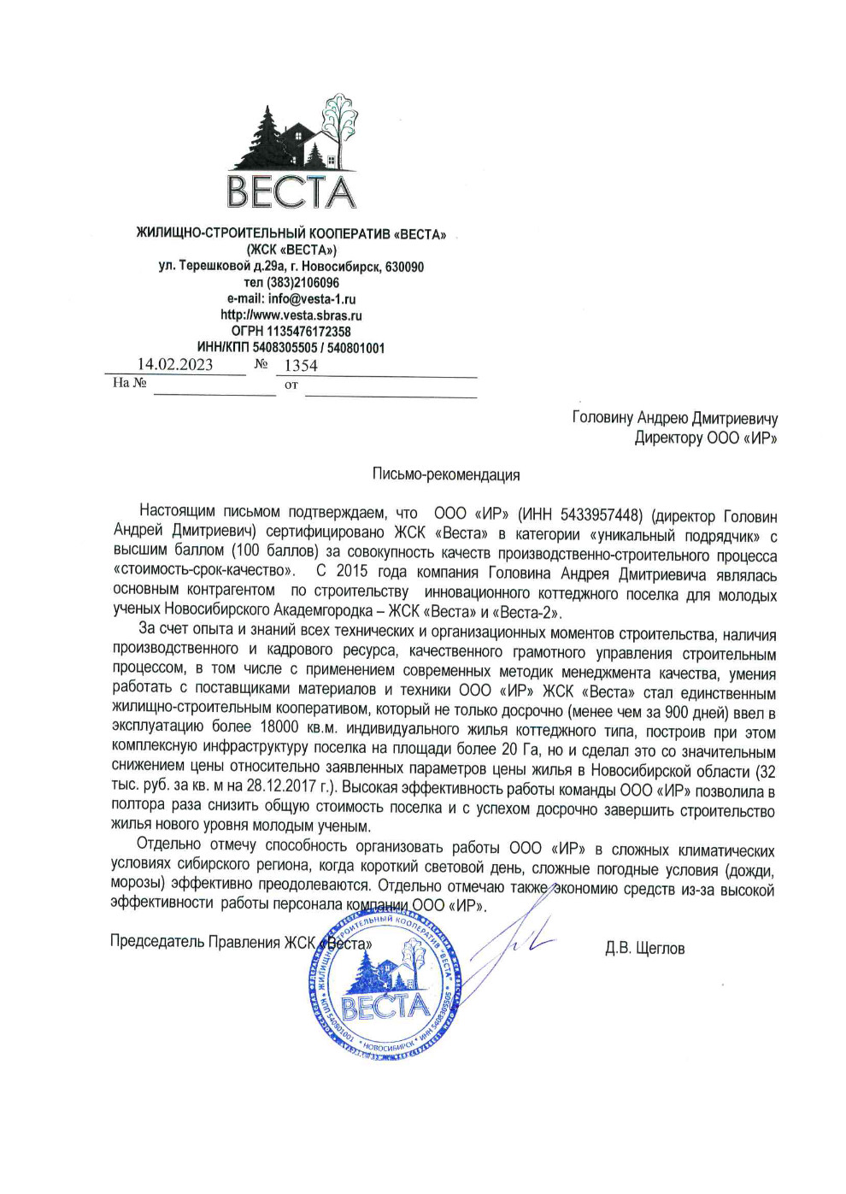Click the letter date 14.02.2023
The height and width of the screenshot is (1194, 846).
tap(175, 364)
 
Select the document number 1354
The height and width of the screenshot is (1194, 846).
tap(301, 366)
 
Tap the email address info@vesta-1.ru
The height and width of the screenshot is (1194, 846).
tap(312, 299)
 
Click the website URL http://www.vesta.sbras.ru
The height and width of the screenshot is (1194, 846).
tap(291, 315)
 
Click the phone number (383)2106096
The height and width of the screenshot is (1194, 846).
tap(303, 283)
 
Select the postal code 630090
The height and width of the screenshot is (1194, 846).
tap(404, 267)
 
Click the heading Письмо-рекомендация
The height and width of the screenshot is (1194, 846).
tap(445, 474)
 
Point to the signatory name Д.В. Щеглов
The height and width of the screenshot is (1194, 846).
tap(644, 948)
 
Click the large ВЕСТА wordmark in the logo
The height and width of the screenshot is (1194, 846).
tap(291, 191)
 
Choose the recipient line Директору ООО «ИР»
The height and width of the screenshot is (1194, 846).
tap(706, 438)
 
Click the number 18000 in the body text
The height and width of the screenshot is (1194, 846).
tap(279, 727)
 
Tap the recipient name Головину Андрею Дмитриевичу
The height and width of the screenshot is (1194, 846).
tap(675, 418)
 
